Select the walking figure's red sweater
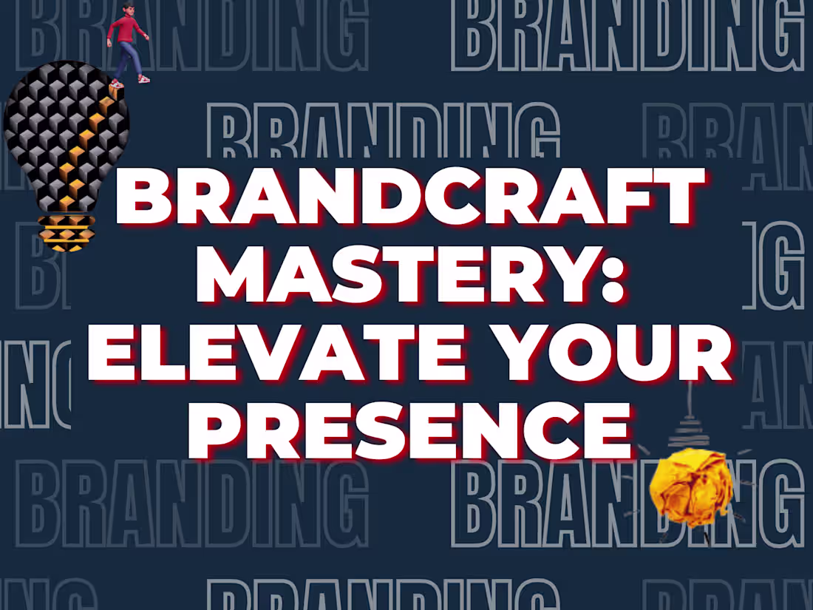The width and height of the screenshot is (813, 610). pos(126,30)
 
